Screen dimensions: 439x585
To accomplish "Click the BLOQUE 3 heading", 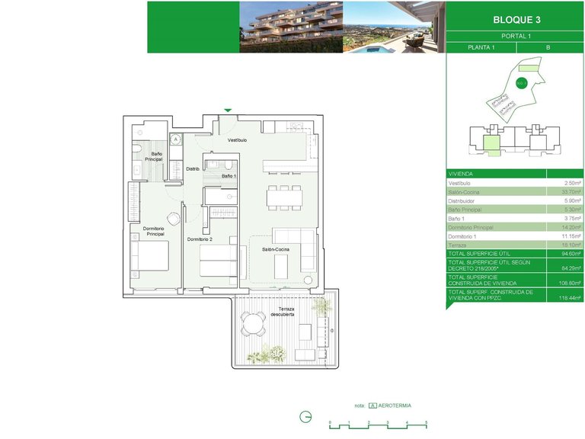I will [516, 20].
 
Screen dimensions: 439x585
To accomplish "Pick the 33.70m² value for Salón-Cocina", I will [571, 193].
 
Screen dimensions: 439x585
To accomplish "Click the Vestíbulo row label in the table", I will [460, 184].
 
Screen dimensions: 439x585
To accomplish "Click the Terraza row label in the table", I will [459, 245].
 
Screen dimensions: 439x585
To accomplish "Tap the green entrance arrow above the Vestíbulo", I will [227, 111].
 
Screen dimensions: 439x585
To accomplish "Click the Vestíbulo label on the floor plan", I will [237, 140].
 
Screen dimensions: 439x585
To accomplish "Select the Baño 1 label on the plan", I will [229, 176].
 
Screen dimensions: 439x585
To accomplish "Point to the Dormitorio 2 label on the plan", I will [200, 239].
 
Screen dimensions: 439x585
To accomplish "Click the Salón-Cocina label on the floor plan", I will [275, 249].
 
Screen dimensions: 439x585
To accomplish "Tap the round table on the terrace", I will [251, 325].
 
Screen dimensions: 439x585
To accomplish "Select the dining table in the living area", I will [283, 197].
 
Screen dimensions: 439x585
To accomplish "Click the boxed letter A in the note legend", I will [372, 405].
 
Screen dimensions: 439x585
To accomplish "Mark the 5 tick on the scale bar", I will [426, 422].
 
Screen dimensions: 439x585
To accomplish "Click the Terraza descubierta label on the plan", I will [283, 311].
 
